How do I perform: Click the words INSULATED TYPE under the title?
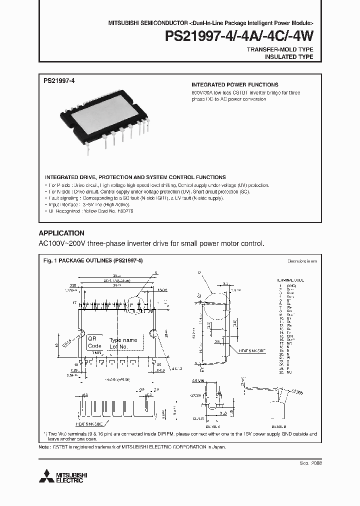[x=288, y=57]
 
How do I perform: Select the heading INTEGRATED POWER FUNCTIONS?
[x=235, y=85]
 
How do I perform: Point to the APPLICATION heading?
[x=61, y=233]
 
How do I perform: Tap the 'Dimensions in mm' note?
[x=301, y=261]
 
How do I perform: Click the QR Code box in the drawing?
[x=94, y=342]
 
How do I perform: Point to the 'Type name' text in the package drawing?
[x=123, y=340]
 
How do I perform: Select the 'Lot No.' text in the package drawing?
[x=120, y=346]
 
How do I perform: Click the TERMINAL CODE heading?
[x=290, y=280]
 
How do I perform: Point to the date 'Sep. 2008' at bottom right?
[x=310, y=463]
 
